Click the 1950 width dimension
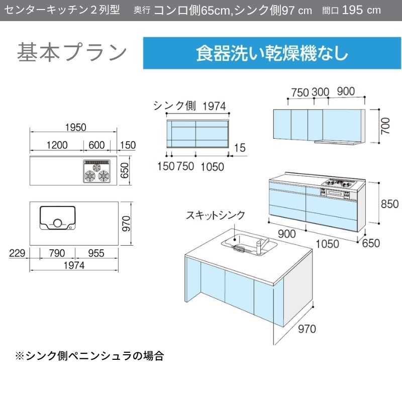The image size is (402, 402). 76,128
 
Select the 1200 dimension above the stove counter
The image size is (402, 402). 57,145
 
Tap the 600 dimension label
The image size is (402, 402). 96,145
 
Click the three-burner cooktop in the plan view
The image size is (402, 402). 96,171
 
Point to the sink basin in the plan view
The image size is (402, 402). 57,218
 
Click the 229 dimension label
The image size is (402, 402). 17,253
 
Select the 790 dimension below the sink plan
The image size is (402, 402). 57,253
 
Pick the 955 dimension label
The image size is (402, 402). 96,253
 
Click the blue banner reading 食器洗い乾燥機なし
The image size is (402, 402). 272,53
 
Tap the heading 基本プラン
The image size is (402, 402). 72,53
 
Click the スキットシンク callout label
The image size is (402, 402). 216,216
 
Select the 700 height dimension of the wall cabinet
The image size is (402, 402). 385,126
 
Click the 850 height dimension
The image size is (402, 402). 390,204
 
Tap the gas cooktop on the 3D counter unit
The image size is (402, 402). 339,183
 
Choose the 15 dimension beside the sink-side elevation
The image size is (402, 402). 240,148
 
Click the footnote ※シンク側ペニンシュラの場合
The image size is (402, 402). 89,356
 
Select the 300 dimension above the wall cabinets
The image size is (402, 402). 320,92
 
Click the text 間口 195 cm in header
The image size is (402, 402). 351,10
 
